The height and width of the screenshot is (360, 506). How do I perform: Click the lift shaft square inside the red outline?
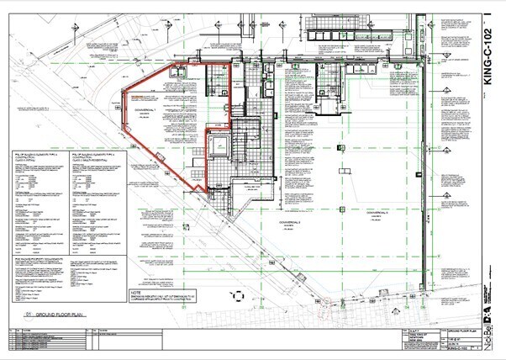(x=219, y=147)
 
